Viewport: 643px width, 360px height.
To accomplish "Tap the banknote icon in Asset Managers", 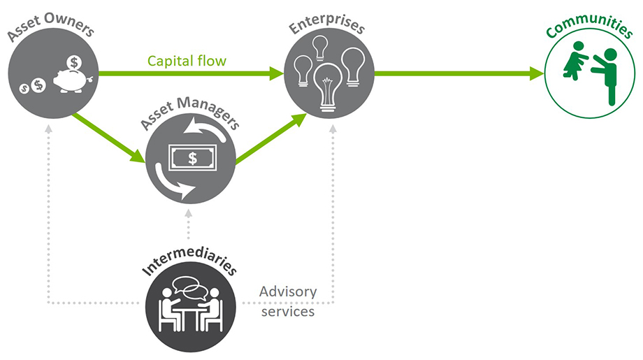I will coord(192,159).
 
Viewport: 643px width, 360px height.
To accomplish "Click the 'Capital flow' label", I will coord(187,61).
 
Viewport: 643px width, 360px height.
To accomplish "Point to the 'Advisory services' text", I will coord(288,301).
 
